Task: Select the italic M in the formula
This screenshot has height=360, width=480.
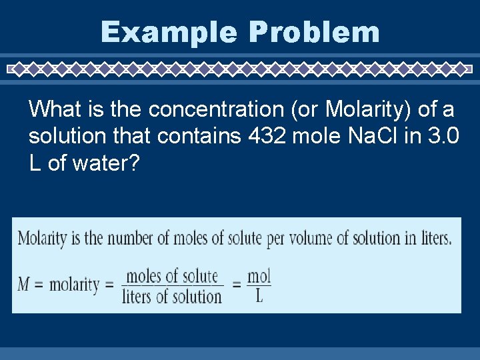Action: click(x=24, y=285)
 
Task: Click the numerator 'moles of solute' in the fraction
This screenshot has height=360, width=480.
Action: click(x=172, y=275)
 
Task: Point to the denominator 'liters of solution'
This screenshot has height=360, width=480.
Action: click(x=172, y=297)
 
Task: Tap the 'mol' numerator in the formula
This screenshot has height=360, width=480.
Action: click(x=259, y=275)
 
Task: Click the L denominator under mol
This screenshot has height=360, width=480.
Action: click(x=259, y=297)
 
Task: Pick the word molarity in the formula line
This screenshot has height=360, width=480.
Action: click(x=75, y=285)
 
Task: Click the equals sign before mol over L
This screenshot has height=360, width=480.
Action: click(x=236, y=286)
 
